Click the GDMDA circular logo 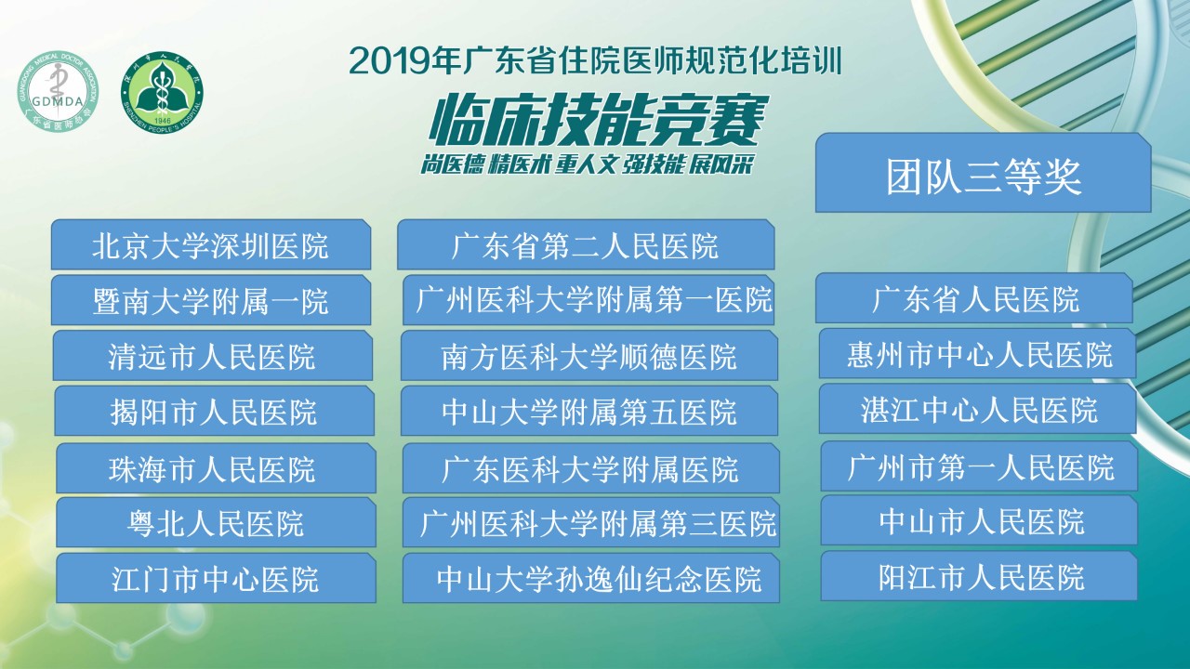[x=58, y=91]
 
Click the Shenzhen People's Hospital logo [x=162, y=92]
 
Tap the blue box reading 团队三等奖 [x=984, y=173]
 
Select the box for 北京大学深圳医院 [x=211, y=244]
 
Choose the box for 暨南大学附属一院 [x=211, y=300]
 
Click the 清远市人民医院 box [x=213, y=355]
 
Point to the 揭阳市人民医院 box [x=214, y=411]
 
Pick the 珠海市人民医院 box [x=216, y=468]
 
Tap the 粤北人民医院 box [x=216, y=522]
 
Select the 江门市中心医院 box [x=216, y=578]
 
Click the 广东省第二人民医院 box [x=586, y=244]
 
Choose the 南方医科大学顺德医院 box [x=589, y=355]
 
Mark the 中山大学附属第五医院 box [x=589, y=411]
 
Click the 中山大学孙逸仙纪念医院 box [x=590, y=578]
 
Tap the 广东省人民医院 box [x=974, y=298]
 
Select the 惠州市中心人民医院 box [x=977, y=354]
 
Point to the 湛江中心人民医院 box [x=977, y=409]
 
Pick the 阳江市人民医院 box [x=979, y=576]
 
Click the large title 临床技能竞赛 [x=599, y=121]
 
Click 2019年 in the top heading [x=404, y=61]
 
